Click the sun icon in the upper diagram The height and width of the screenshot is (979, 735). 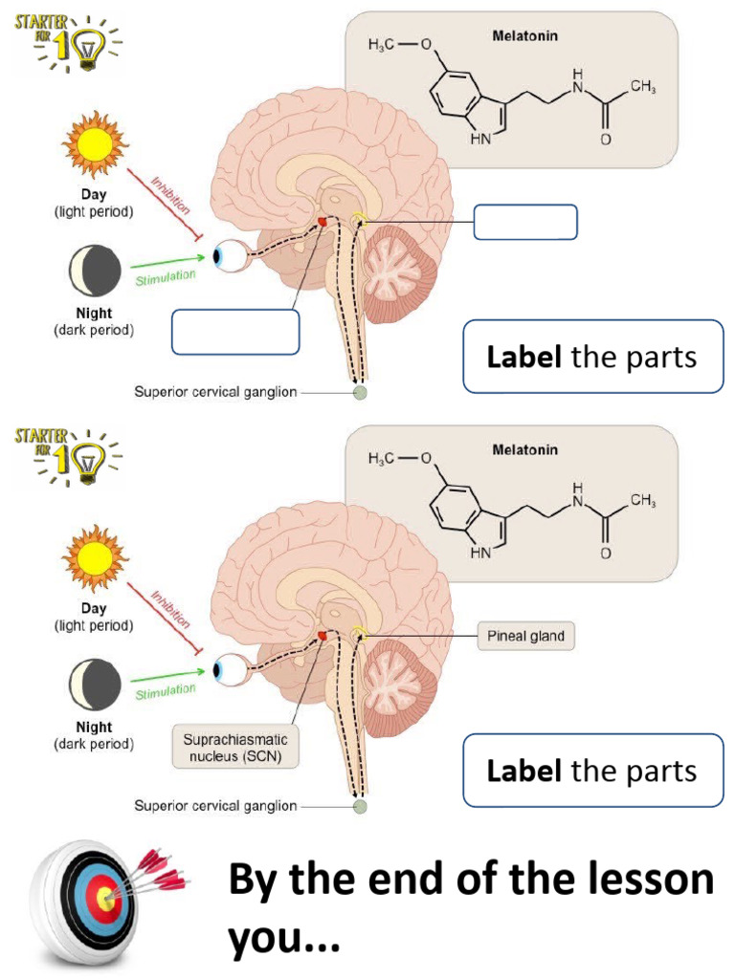tap(95, 141)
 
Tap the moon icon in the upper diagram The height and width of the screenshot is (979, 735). tap(95, 270)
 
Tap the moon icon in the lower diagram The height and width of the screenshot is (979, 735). tap(95, 685)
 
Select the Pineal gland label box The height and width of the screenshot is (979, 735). tap(526, 636)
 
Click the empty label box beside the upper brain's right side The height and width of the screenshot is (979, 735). tap(525, 222)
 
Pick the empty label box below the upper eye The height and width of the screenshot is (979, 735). tap(235, 332)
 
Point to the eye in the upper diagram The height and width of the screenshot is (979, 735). tap(228, 256)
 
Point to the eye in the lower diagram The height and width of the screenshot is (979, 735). tap(228, 670)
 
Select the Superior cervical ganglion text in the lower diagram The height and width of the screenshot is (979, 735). tap(215, 806)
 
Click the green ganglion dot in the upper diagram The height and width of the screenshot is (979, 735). tap(360, 392)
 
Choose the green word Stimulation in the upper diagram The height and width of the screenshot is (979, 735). tap(165, 276)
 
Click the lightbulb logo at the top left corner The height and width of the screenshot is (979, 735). tap(67, 42)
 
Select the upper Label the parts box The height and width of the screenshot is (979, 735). tap(592, 357)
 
